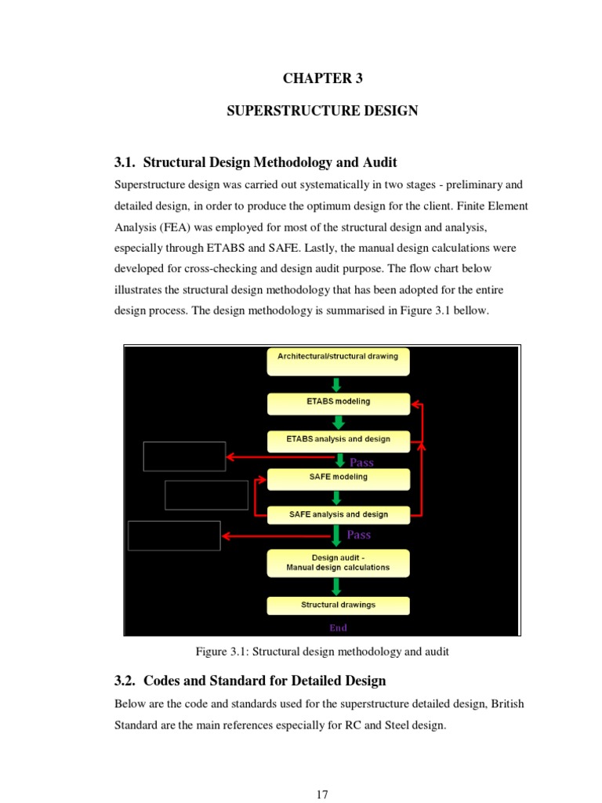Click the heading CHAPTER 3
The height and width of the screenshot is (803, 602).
click(x=322, y=78)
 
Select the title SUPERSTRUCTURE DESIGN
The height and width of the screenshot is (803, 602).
click(x=322, y=111)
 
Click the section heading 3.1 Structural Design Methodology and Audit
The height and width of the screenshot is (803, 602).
click(x=256, y=162)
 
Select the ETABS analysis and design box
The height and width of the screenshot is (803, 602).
click(x=338, y=441)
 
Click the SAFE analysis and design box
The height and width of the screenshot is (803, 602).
click(x=338, y=515)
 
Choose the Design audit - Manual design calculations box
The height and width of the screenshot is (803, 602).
click(x=338, y=563)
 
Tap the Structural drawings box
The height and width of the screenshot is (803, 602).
click(x=338, y=605)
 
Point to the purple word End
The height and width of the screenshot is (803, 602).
click(x=338, y=627)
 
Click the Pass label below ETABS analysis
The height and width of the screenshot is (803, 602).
click(x=361, y=463)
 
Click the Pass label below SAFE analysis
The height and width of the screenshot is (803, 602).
click(x=359, y=535)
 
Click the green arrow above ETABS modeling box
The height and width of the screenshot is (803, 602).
click(x=337, y=384)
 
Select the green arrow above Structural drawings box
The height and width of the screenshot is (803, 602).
click(x=337, y=586)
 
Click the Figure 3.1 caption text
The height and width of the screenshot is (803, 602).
click(x=322, y=652)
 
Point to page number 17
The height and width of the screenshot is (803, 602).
click(x=322, y=794)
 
